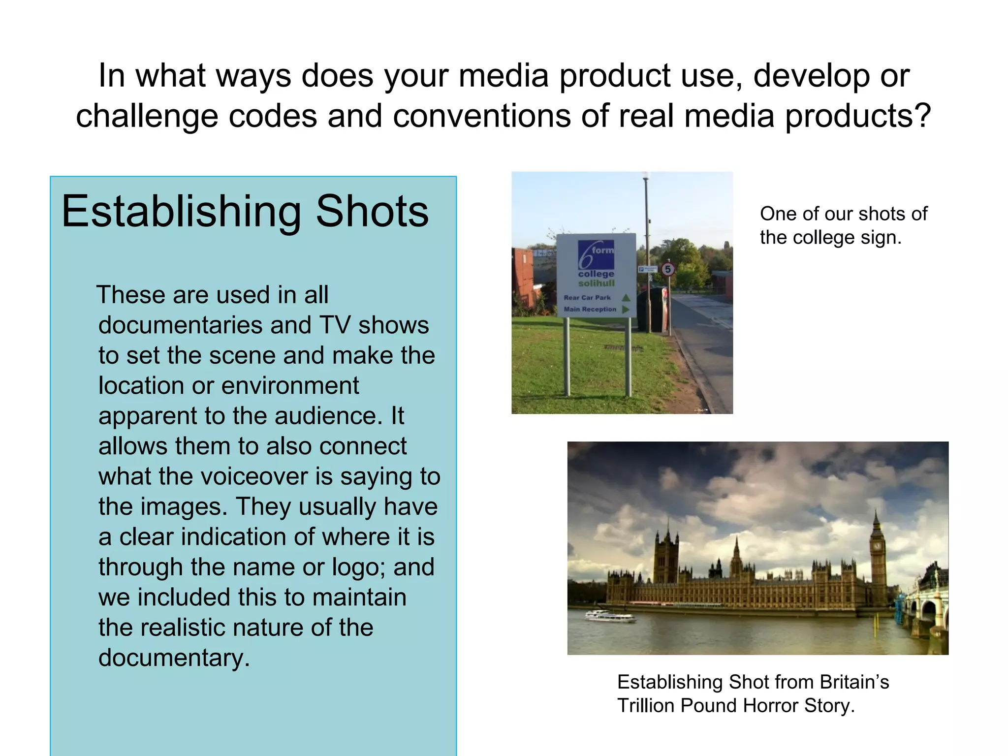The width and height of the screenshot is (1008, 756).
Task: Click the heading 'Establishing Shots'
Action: coord(245,211)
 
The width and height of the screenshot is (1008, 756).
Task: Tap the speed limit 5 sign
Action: coord(668,269)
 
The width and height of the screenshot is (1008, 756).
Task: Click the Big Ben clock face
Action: coord(876,545)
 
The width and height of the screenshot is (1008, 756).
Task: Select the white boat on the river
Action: coord(609,615)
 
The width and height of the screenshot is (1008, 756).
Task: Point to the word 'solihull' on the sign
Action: coord(596,283)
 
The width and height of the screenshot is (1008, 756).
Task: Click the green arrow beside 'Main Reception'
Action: coord(626,310)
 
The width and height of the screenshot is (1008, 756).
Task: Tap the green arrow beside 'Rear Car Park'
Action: coord(626,297)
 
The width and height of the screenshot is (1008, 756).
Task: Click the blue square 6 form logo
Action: coord(596,255)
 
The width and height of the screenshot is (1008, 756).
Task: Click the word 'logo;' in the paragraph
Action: coord(359,567)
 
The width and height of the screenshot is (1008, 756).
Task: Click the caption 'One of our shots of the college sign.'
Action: coord(843,225)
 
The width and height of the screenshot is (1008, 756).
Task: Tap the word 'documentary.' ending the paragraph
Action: coord(174,658)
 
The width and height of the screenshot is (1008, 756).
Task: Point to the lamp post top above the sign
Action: coord(646,176)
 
